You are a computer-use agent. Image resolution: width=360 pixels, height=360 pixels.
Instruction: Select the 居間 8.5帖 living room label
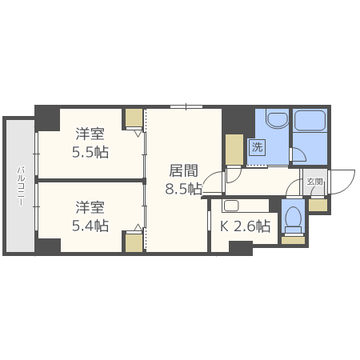[x=183, y=179]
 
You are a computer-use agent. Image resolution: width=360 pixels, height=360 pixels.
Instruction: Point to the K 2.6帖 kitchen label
[x=245, y=226]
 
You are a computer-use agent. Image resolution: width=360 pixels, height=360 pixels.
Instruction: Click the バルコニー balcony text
[x=21, y=186]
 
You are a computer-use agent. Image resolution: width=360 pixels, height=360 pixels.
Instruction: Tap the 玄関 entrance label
[x=315, y=182]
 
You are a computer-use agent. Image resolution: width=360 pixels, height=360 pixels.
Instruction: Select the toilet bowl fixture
[x=294, y=218]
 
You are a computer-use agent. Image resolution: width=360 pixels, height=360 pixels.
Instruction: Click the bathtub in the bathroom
[x=310, y=122]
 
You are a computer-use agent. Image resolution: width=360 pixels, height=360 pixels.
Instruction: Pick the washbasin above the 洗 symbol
[x=277, y=121]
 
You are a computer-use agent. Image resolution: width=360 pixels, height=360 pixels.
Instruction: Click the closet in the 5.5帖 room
[x=134, y=119]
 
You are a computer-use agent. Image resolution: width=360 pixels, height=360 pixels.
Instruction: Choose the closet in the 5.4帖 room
[x=134, y=242]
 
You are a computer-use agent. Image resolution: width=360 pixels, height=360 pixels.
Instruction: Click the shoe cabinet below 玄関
[x=318, y=205]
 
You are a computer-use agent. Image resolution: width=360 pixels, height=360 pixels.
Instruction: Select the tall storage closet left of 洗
[x=234, y=149]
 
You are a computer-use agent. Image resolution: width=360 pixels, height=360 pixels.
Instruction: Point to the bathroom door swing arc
[x=298, y=155]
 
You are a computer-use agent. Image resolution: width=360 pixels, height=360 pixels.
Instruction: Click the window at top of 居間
[x=186, y=106]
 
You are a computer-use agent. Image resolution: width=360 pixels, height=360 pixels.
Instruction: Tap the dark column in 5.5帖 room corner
[x=48, y=118]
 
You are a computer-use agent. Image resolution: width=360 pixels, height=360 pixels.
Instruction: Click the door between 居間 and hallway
[x=212, y=184]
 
